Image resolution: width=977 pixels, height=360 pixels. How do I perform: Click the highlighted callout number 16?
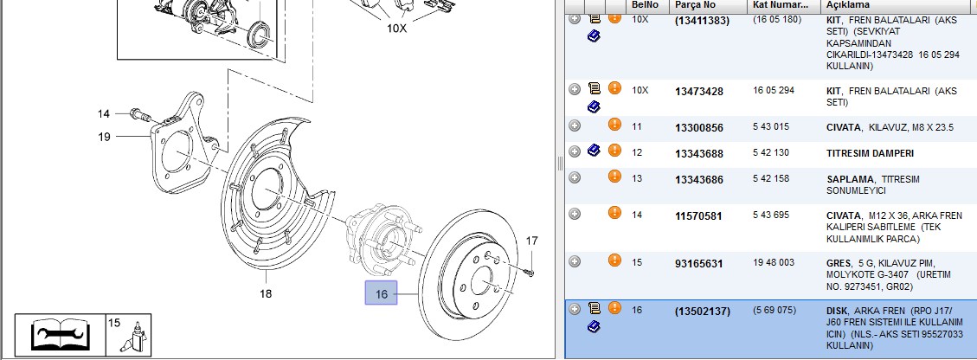point(382,293)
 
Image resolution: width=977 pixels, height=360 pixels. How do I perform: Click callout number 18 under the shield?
point(266,293)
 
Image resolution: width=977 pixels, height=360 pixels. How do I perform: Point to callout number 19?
point(104,137)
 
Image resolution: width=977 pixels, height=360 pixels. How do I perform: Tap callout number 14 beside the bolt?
point(104,114)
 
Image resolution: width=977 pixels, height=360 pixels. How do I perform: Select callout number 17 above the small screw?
point(531,241)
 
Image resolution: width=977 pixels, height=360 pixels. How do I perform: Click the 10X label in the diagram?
point(397,28)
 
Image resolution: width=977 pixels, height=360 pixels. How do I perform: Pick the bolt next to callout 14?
point(143,115)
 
